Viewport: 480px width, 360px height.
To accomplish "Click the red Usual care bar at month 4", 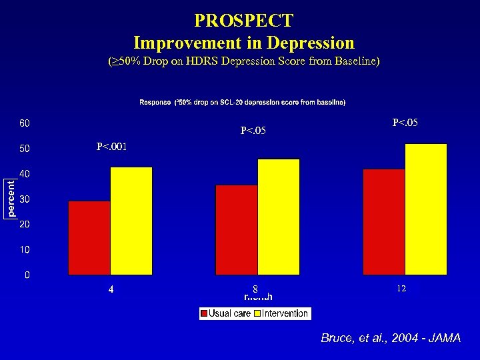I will point(89,238).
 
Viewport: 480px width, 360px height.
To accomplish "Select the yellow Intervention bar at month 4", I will point(131,221).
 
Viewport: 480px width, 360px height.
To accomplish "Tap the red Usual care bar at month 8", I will point(237,230).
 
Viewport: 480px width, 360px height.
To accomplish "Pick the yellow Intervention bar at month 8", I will point(279,217).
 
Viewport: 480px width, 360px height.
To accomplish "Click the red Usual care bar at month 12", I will point(384,222).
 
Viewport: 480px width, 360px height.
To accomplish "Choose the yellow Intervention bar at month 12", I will point(426,209).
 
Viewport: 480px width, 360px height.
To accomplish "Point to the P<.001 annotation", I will point(111,147).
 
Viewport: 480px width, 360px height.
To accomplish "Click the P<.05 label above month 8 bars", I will point(253,131).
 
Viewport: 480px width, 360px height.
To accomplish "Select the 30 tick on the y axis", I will point(24,199).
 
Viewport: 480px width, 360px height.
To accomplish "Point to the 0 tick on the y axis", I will point(27,275).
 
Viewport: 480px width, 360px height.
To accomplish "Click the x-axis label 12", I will point(401,289).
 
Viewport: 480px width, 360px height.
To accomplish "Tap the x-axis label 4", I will point(111,290).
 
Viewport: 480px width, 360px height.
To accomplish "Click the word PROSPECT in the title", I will point(243,21).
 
